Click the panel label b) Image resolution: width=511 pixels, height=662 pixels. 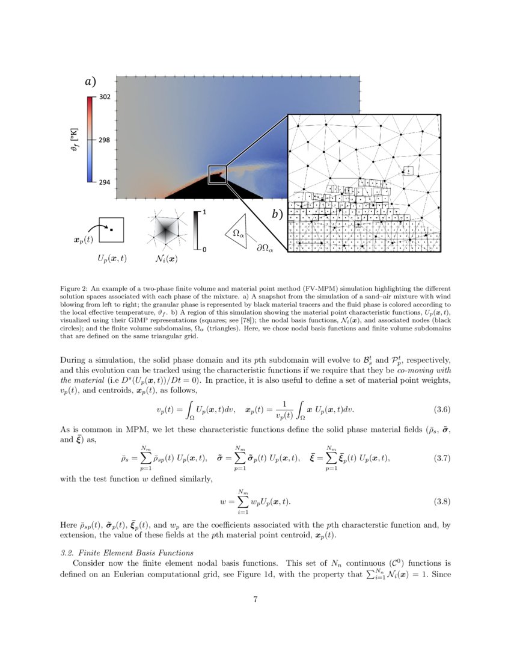pyautogui.click(x=278, y=214)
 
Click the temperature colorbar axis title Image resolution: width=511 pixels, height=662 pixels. pyautogui.click(x=73, y=140)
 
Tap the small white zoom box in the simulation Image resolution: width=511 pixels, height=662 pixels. pyautogui.click(x=217, y=174)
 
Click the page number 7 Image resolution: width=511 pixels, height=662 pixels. pyautogui.click(x=255, y=598)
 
